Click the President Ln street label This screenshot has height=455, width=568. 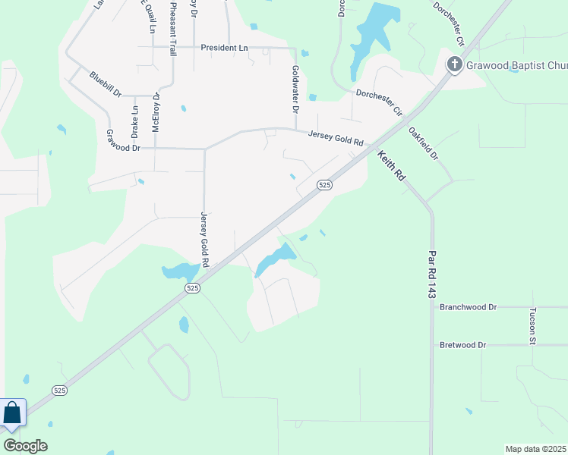[x=224, y=48]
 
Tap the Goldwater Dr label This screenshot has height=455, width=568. [x=295, y=89]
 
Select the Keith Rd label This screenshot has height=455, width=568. [x=391, y=165]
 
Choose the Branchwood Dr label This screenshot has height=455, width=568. [x=468, y=307]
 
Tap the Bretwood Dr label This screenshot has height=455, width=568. [x=462, y=345]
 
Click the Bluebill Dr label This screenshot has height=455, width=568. [x=105, y=83]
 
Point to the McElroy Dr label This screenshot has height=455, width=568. [x=156, y=112]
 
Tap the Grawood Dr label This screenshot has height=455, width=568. [x=124, y=140]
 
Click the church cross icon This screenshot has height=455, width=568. [x=454, y=64]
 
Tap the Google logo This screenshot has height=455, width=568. [x=25, y=446]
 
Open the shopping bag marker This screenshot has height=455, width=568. [x=12, y=414]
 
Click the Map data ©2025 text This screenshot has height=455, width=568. [x=536, y=449]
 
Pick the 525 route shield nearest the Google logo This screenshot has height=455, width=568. [x=61, y=390]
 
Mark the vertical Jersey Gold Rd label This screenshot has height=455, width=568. [x=204, y=240]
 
